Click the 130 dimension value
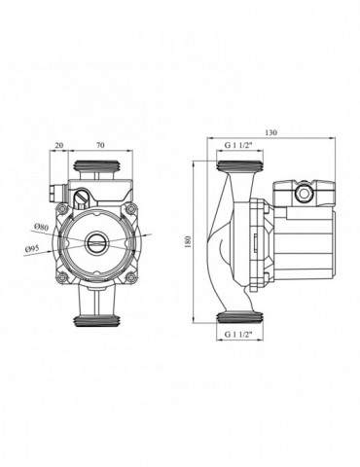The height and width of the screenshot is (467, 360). pyautogui.click(x=271, y=132)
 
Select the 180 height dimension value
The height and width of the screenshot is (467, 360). pyautogui.click(x=189, y=241)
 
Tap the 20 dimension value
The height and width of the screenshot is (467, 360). pyautogui.click(x=58, y=145)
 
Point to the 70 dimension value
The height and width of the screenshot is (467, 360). pyautogui.click(x=100, y=145)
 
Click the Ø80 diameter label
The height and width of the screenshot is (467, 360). pyautogui.click(x=41, y=227)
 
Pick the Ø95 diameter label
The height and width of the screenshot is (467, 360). pyautogui.click(x=32, y=249)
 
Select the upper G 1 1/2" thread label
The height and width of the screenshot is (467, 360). pyautogui.click(x=238, y=145)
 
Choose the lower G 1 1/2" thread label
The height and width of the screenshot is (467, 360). pyautogui.click(x=238, y=335)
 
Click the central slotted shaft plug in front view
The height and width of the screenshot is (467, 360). pyautogui.click(x=95, y=243)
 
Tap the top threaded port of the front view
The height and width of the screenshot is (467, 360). pyautogui.click(x=98, y=166)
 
